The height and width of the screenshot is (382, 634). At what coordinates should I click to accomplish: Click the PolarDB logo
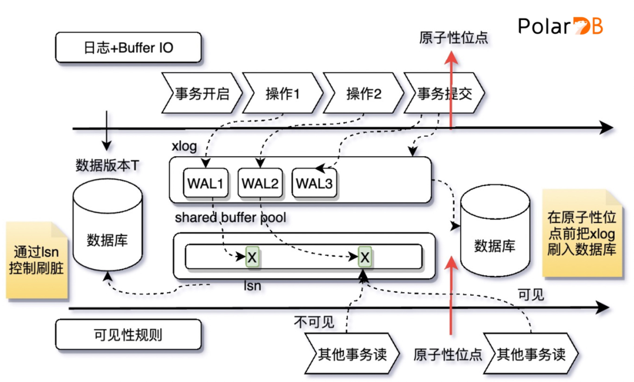[561, 26]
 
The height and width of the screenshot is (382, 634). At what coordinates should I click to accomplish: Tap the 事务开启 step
[201, 93]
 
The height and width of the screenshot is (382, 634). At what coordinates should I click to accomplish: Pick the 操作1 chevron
[282, 93]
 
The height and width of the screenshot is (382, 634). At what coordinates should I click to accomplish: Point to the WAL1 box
[205, 183]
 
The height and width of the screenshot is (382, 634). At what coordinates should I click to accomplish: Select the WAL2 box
[259, 183]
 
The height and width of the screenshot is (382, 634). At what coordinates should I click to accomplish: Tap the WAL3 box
[314, 183]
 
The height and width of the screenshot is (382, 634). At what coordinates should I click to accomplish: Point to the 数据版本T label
[107, 165]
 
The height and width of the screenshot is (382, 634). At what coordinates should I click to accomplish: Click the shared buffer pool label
[230, 218]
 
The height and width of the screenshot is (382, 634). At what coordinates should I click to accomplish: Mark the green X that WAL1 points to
[252, 257]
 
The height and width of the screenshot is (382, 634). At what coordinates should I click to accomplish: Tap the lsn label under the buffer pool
[252, 286]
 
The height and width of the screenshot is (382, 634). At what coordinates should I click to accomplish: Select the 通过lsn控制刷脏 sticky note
[36, 261]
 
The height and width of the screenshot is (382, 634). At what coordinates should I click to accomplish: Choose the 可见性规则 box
[128, 335]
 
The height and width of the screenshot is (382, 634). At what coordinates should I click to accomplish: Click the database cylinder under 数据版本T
[107, 229]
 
